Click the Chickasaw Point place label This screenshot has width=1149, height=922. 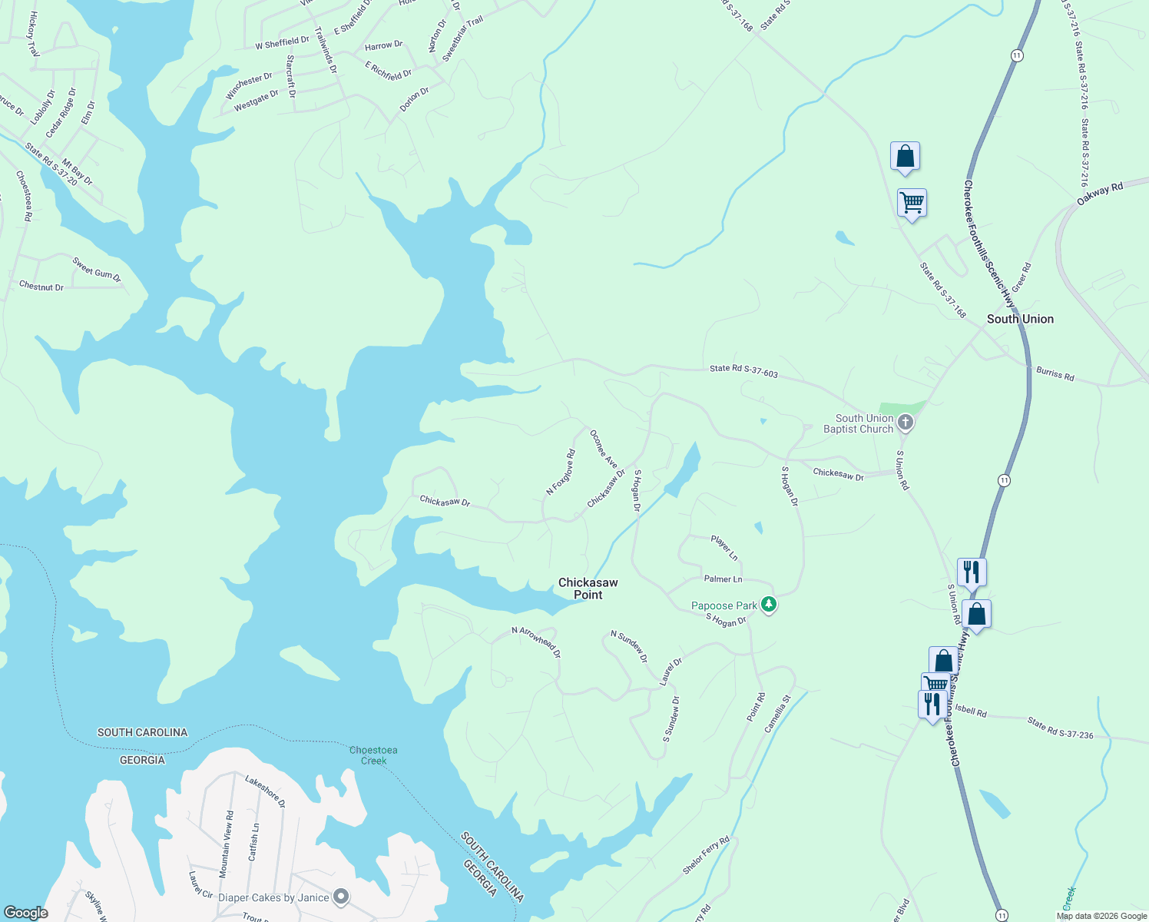click(588, 589)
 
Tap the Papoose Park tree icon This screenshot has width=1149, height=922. click(769, 605)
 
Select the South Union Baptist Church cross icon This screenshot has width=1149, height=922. click(906, 422)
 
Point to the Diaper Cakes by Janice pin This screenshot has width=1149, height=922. click(342, 897)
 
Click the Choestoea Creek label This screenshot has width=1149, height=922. click(373, 755)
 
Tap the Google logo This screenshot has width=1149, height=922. click(26, 913)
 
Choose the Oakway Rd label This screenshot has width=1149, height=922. click(1100, 194)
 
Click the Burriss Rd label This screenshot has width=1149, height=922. click(1055, 374)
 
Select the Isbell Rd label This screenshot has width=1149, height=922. click(972, 711)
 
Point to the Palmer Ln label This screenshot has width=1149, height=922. click(723, 579)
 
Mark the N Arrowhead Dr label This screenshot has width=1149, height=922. click(536, 642)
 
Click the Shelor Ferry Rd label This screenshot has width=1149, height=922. click(706, 855)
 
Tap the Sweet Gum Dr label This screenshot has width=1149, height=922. click(97, 270)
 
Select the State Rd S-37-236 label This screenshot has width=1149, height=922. click(1060, 728)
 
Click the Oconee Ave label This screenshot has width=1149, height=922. click(603, 449)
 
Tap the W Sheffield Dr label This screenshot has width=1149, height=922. click(282, 43)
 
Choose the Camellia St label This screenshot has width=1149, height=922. click(776, 714)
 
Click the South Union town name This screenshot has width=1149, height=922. click(1020, 319)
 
